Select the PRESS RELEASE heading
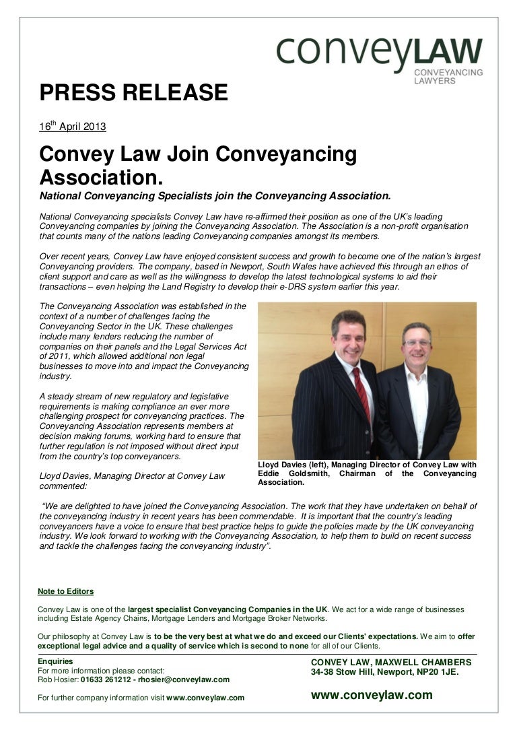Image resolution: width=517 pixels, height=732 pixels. (133, 92)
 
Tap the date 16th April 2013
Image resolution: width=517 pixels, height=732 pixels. (72, 127)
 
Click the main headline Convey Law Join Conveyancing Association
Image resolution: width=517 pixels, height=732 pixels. (198, 166)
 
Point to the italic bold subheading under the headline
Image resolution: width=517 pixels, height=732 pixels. (215, 197)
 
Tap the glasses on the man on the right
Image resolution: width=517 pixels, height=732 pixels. (417, 343)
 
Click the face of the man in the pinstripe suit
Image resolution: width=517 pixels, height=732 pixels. (348, 334)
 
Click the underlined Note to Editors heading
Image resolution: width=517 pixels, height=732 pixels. (66, 591)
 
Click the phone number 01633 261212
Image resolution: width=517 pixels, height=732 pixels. (106, 679)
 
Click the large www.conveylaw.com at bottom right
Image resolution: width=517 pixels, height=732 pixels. (372, 695)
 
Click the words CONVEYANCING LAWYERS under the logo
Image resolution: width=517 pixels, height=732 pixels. (447, 76)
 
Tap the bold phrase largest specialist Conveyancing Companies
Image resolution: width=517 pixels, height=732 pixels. (227, 609)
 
